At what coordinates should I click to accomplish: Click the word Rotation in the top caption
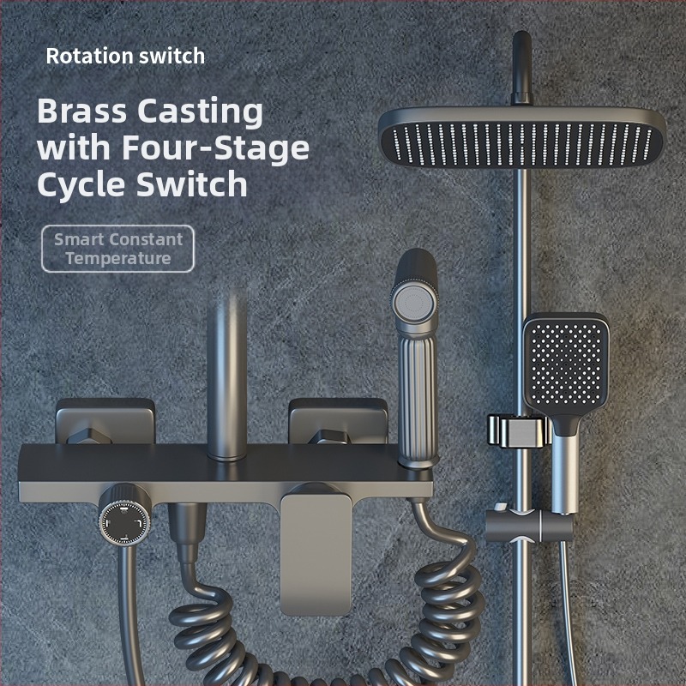(x=89, y=56)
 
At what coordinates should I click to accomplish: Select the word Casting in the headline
(x=201, y=112)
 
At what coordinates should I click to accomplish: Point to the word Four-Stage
(x=215, y=147)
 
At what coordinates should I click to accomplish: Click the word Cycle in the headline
(x=81, y=185)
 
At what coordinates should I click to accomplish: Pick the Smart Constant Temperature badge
(x=117, y=249)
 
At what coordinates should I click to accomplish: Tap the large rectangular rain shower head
(x=521, y=138)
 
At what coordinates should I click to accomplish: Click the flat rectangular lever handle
(x=316, y=552)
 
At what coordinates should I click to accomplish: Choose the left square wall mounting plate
(x=105, y=421)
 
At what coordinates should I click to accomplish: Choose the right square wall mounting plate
(x=338, y=421)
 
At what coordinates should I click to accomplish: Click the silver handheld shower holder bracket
(x=519, y=431)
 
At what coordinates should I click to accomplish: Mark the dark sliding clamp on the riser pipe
(x=528, y=526)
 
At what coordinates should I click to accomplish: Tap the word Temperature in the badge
(x=118, y=259)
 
